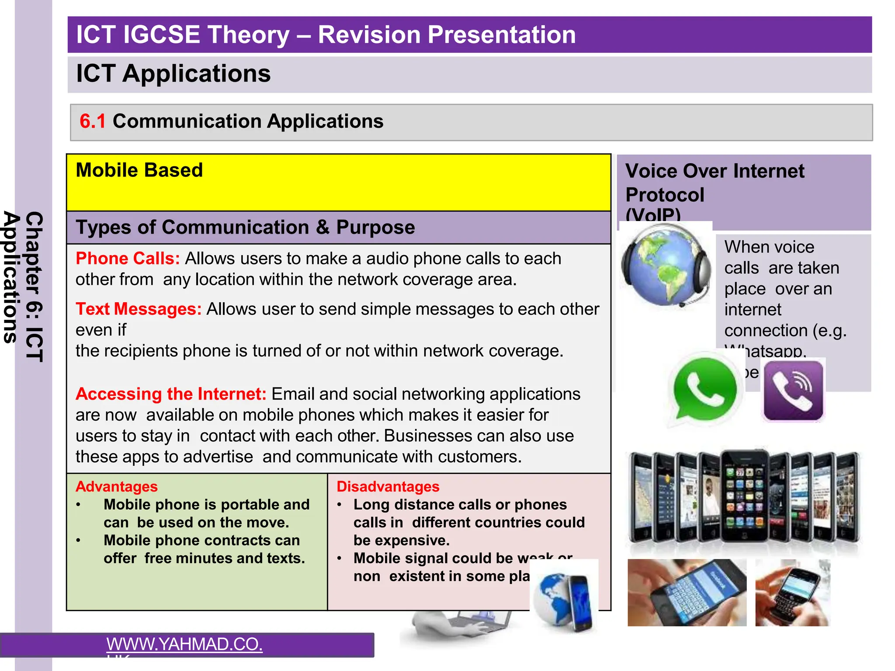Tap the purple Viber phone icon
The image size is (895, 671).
coord(793,390)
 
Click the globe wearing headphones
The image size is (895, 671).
coord(664,266)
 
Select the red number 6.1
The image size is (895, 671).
coord(92,121)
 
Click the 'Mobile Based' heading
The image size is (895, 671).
coord(139,170)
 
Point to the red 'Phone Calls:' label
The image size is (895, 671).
coord(128,259)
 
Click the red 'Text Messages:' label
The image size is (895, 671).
coord(139,309)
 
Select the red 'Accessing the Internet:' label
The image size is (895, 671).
coord(171,394)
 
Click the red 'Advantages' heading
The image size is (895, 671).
coord(116,487)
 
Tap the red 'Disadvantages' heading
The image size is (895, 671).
coord(388,487)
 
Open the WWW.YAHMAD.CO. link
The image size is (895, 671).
coord(184,644)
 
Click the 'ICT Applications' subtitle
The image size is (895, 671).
coord(173,73)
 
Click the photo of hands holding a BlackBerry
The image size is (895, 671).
coord(792,593)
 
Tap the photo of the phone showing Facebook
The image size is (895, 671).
coord(687,593)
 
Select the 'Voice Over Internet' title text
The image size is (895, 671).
coord(715,171)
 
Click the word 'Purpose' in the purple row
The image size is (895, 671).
coord(375,228)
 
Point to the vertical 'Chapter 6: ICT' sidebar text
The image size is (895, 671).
coord(35,286)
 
